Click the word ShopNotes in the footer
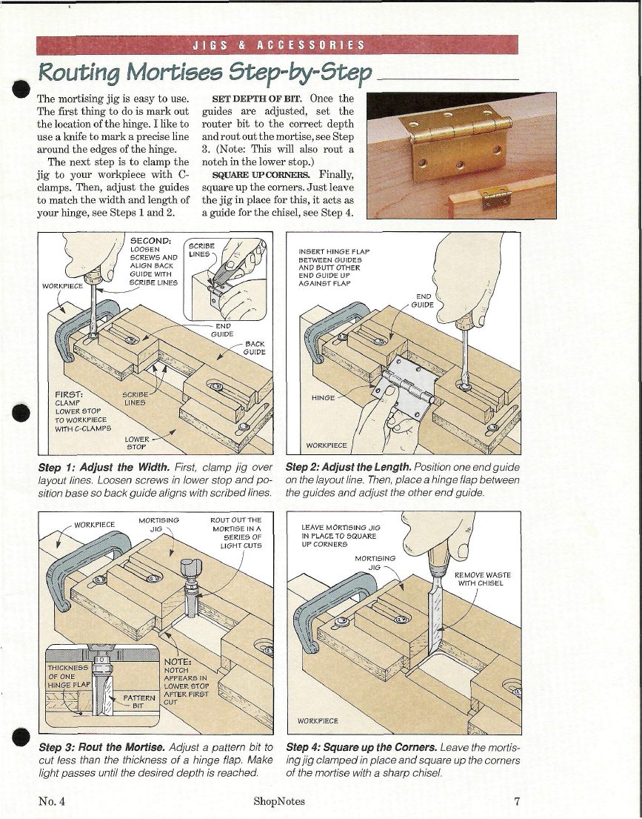coord(278,800)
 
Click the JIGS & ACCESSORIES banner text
coord(278,44)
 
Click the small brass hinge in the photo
coord(492,196)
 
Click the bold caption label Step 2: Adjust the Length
coord(348,468)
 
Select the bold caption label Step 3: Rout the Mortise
coord(102,746)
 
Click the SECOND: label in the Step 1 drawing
coord(151,239)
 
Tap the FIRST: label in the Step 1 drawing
coord(71,396)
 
